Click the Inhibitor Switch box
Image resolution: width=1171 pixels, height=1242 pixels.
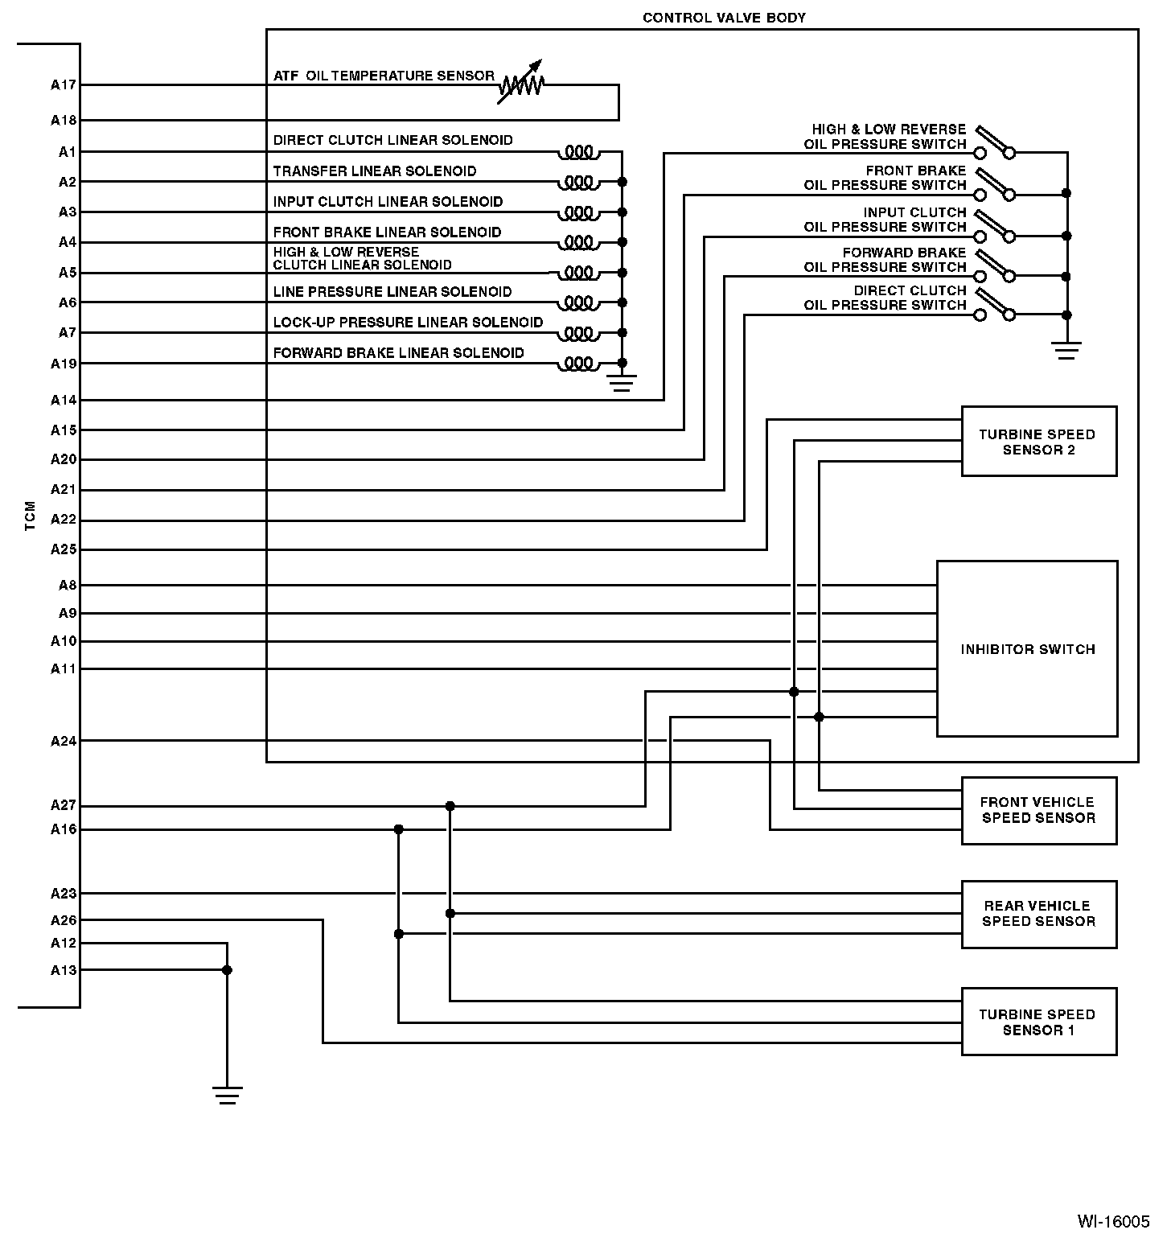1027,648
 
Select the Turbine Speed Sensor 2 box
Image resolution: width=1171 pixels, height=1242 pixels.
1038,442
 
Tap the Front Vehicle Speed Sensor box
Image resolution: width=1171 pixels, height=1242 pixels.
1038,810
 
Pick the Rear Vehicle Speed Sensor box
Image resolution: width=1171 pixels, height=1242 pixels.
1038,914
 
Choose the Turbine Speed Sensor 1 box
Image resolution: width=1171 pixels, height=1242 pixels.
1038,1022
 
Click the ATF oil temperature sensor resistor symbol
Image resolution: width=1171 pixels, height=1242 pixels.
521,82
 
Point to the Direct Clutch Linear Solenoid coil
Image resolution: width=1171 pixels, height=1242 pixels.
579,152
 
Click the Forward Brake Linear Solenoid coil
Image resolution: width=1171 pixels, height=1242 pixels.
579,364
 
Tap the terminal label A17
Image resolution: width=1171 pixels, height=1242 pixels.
64,84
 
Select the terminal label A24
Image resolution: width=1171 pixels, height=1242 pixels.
64,741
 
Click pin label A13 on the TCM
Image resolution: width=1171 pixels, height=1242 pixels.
64,970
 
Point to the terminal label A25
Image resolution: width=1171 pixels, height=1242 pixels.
64,549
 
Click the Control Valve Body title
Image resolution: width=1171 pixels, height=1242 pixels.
724,18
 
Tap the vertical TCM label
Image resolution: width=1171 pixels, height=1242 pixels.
31,516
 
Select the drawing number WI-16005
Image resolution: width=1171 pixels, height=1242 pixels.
1113,1221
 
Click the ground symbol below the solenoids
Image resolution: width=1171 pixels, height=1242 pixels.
621,381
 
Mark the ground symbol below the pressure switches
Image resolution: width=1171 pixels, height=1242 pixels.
1066,350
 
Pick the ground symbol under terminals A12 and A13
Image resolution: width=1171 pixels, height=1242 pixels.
227,1096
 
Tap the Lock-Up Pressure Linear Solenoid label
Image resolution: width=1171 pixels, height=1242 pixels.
408,323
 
